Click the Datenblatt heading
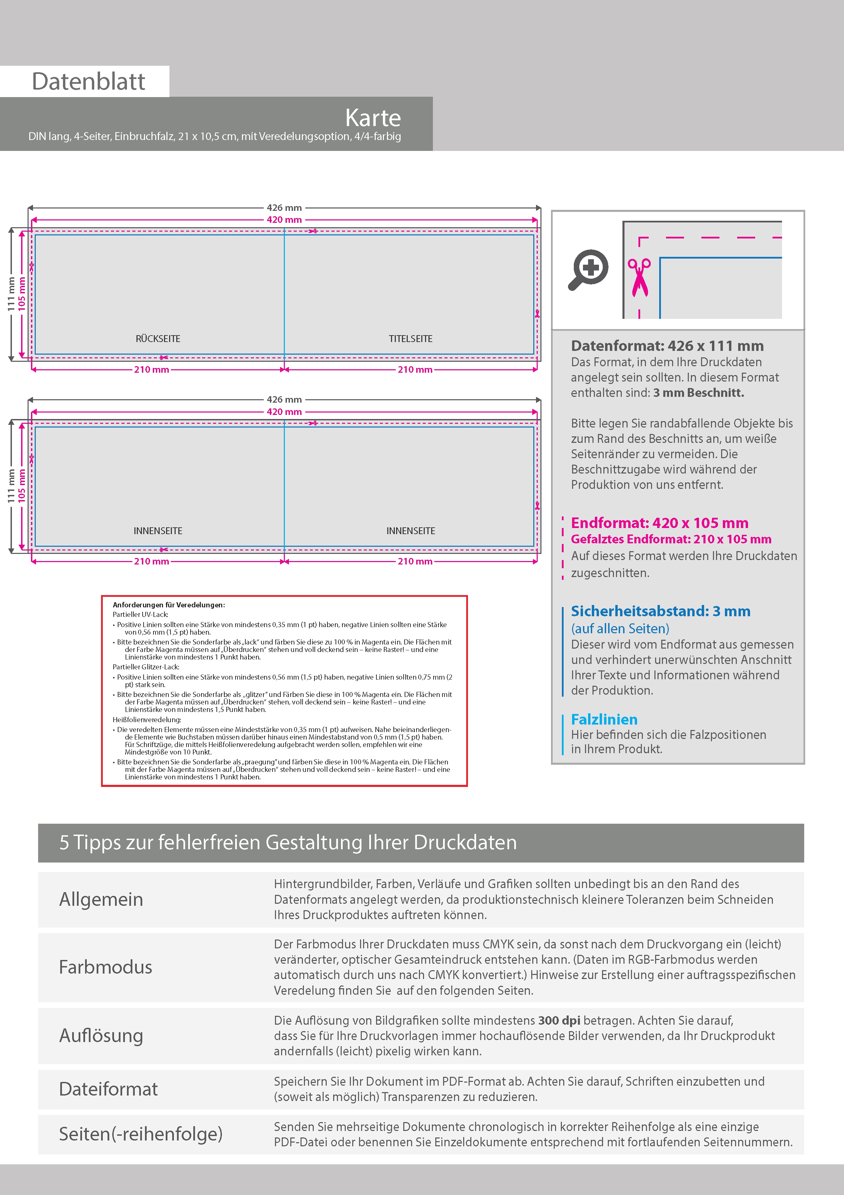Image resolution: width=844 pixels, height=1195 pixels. click(88, 81)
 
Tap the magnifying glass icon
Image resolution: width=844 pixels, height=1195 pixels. click(588, 269)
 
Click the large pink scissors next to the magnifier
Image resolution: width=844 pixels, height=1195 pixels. click(639, 277)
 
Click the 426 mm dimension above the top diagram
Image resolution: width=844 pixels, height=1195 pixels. click(284, 208)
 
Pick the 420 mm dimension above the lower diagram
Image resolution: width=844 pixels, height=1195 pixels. click(284, 412)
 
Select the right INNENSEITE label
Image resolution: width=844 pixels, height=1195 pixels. click(410, 531)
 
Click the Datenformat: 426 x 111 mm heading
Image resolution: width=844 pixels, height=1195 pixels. click(667, 346)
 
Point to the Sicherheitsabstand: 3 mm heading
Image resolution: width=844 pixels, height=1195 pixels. click(661, 611)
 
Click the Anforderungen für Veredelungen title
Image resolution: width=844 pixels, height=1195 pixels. click(168, 605)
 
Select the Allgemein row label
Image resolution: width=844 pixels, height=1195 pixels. click(101, 899)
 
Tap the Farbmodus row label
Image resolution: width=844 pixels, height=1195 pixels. click(105, 967)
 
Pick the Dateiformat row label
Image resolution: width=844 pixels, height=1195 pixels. click(108, 1089)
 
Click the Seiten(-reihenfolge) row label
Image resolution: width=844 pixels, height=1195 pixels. click(141, 1134)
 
